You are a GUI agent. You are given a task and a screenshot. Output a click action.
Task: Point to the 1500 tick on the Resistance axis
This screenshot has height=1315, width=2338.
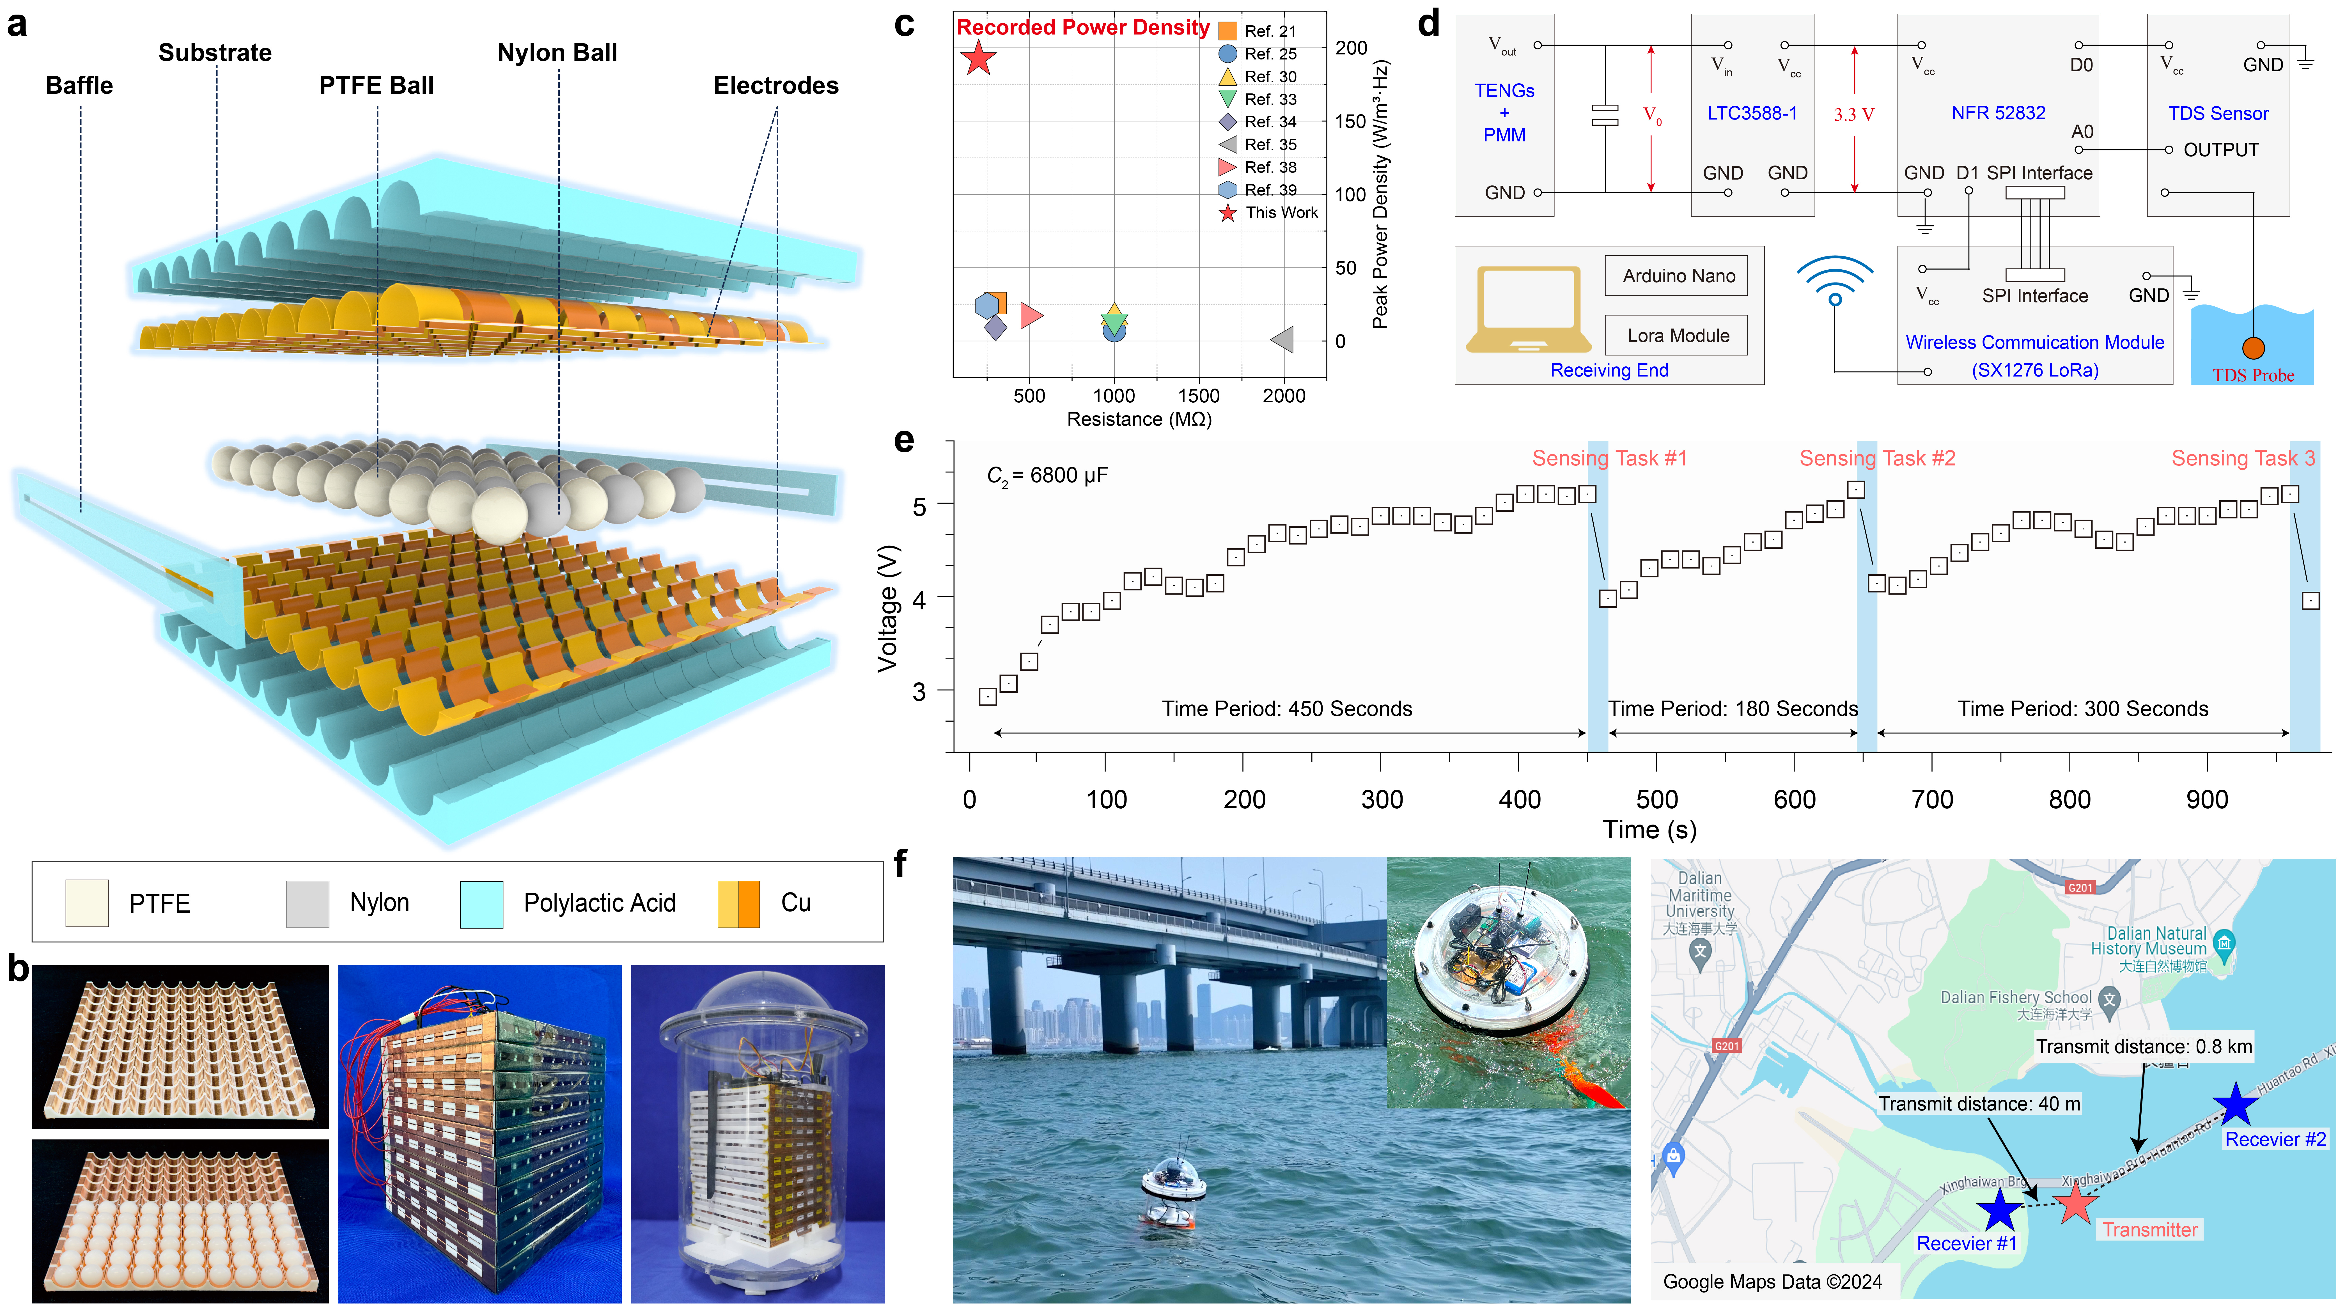(1198, 396)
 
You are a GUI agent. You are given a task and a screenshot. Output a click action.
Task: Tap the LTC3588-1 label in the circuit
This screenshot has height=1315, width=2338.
(1752, 113)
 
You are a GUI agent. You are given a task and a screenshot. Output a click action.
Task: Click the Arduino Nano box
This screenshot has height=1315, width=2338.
(1678, 276)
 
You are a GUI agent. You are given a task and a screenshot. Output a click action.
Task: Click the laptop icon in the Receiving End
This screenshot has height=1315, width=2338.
(1529, 309)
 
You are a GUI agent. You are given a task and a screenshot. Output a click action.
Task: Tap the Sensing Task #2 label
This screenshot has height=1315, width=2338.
(1877, 458)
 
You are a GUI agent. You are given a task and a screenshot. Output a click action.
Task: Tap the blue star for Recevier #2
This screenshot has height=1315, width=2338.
(2234, 1105)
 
